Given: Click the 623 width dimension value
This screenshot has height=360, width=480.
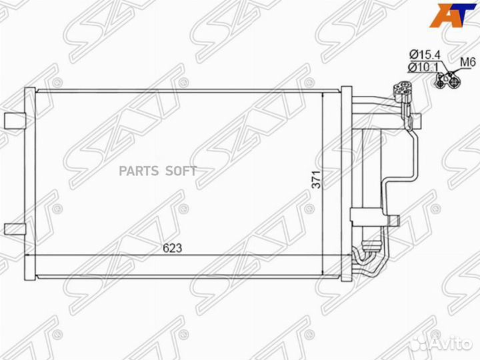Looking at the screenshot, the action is pos(172,248).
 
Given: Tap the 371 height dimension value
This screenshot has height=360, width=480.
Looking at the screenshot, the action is pos(316,179).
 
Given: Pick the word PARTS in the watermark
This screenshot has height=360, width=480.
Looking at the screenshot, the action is pos(139,171).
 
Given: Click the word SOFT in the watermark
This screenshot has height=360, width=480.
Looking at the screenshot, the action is pos(181,171).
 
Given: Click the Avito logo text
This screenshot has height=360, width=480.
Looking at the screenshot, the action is pos(451,344).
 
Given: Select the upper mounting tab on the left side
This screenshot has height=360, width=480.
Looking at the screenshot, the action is pos(15,120).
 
